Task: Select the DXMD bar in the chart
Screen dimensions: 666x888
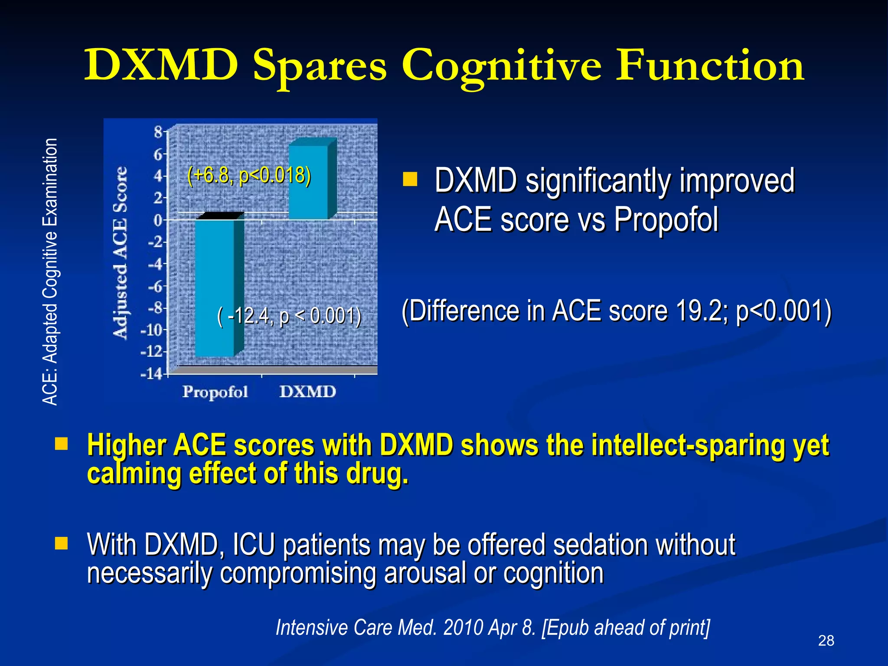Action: point(308,182)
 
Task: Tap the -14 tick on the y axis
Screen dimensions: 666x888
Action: point(151,374)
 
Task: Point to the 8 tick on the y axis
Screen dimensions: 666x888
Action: point(158,131)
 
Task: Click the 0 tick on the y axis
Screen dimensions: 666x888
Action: point(158,220)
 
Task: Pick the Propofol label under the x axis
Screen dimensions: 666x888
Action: point(215,392)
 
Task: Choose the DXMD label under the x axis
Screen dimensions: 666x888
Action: point(307,392)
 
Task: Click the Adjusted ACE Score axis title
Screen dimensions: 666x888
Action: point(121,251)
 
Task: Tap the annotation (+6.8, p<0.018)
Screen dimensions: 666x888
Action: point(249,176)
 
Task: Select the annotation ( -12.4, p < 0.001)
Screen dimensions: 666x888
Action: point(289,316)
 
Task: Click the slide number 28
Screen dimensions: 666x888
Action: point(826,640)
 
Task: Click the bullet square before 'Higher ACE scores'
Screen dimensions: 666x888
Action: point(62,444)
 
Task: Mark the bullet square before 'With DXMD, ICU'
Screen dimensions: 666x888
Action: point(62,543)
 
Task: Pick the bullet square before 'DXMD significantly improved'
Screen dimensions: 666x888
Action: point(410,179)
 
